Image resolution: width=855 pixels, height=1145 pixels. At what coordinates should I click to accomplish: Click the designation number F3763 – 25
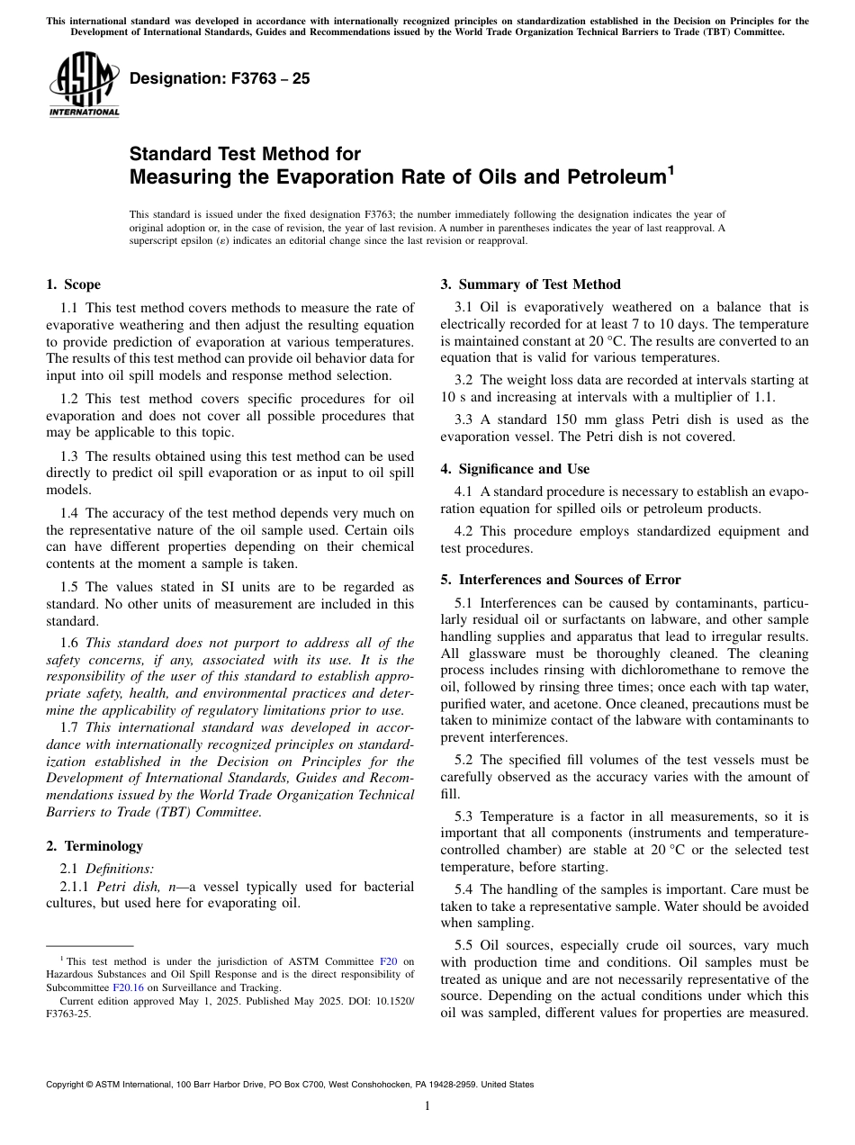coord(220,78)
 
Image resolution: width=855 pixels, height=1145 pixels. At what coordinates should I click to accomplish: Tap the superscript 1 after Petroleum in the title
coord(670,167)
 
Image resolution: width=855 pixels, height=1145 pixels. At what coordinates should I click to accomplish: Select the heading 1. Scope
coord(73,284)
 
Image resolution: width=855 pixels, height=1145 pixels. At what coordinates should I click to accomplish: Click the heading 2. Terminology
coord(94,846)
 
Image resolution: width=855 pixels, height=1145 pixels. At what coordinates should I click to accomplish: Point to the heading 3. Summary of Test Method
coord(530,284)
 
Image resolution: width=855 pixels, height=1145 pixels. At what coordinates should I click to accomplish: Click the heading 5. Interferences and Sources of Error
coord(561,580)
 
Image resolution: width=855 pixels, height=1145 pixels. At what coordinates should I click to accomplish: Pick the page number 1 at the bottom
coord(427,1105)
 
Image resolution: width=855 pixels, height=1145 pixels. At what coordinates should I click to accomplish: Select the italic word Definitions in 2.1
coord(119,869)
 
